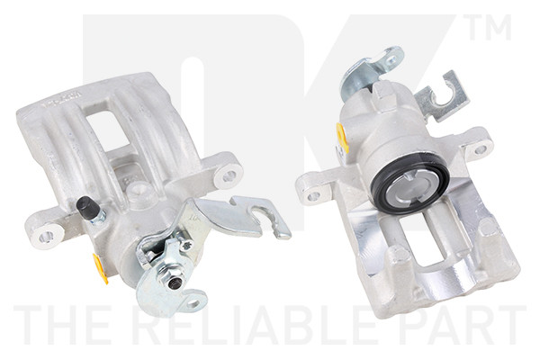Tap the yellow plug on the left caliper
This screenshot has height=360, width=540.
coord(100,267)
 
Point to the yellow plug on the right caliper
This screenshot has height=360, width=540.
coord(343,138)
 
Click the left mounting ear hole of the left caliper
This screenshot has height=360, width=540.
coord(44,235)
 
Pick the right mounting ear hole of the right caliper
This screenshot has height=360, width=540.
coord(481,148)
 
